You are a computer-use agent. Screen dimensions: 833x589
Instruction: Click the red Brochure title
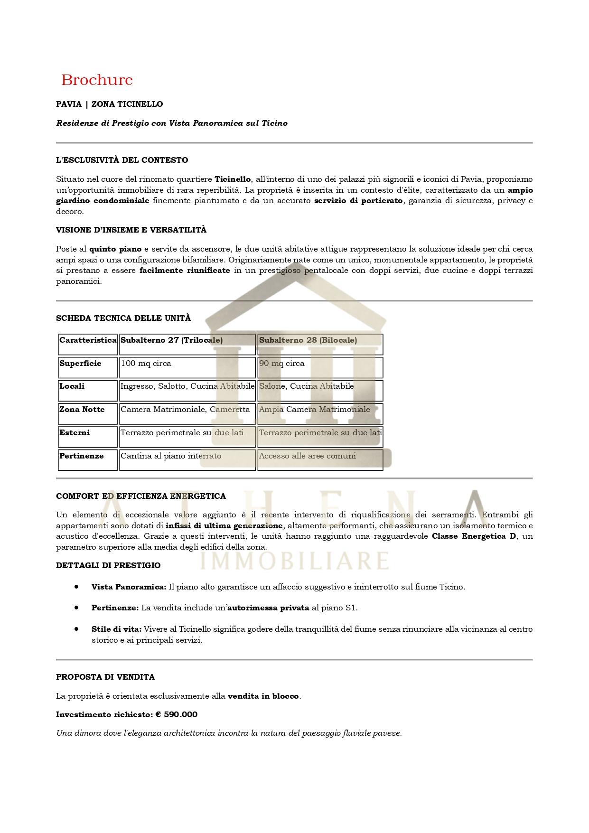coord(97,80)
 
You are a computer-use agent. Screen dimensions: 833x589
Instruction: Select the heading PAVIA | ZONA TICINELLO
coord(109,104)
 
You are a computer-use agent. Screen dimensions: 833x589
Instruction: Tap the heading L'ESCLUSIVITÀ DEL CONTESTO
coord(122,160)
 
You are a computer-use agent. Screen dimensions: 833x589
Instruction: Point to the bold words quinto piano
coord(115,249)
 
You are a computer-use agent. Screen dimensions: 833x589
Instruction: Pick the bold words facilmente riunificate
coord(185,270)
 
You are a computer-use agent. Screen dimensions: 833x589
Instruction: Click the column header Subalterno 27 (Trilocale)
coord(172,340)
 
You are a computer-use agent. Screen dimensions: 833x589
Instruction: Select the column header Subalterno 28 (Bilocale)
coord(308,340)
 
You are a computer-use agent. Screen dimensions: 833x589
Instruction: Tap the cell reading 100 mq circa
coord(146,363)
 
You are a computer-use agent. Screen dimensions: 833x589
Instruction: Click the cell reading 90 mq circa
coord(282,363)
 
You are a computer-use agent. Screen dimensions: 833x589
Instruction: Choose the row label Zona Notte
coord(82,409)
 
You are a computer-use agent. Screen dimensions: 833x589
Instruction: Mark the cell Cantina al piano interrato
coord(171,456)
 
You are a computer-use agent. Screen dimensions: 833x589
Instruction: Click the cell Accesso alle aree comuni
coord(308,456)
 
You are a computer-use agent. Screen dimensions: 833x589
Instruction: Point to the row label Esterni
coord(75,432)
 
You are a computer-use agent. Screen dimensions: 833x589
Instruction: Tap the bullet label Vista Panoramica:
coord(129,587)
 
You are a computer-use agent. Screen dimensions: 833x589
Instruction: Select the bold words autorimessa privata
coord(269,608)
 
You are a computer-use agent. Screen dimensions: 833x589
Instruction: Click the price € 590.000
coord(177,714)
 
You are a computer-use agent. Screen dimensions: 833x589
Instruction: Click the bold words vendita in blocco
coord(263,696)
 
